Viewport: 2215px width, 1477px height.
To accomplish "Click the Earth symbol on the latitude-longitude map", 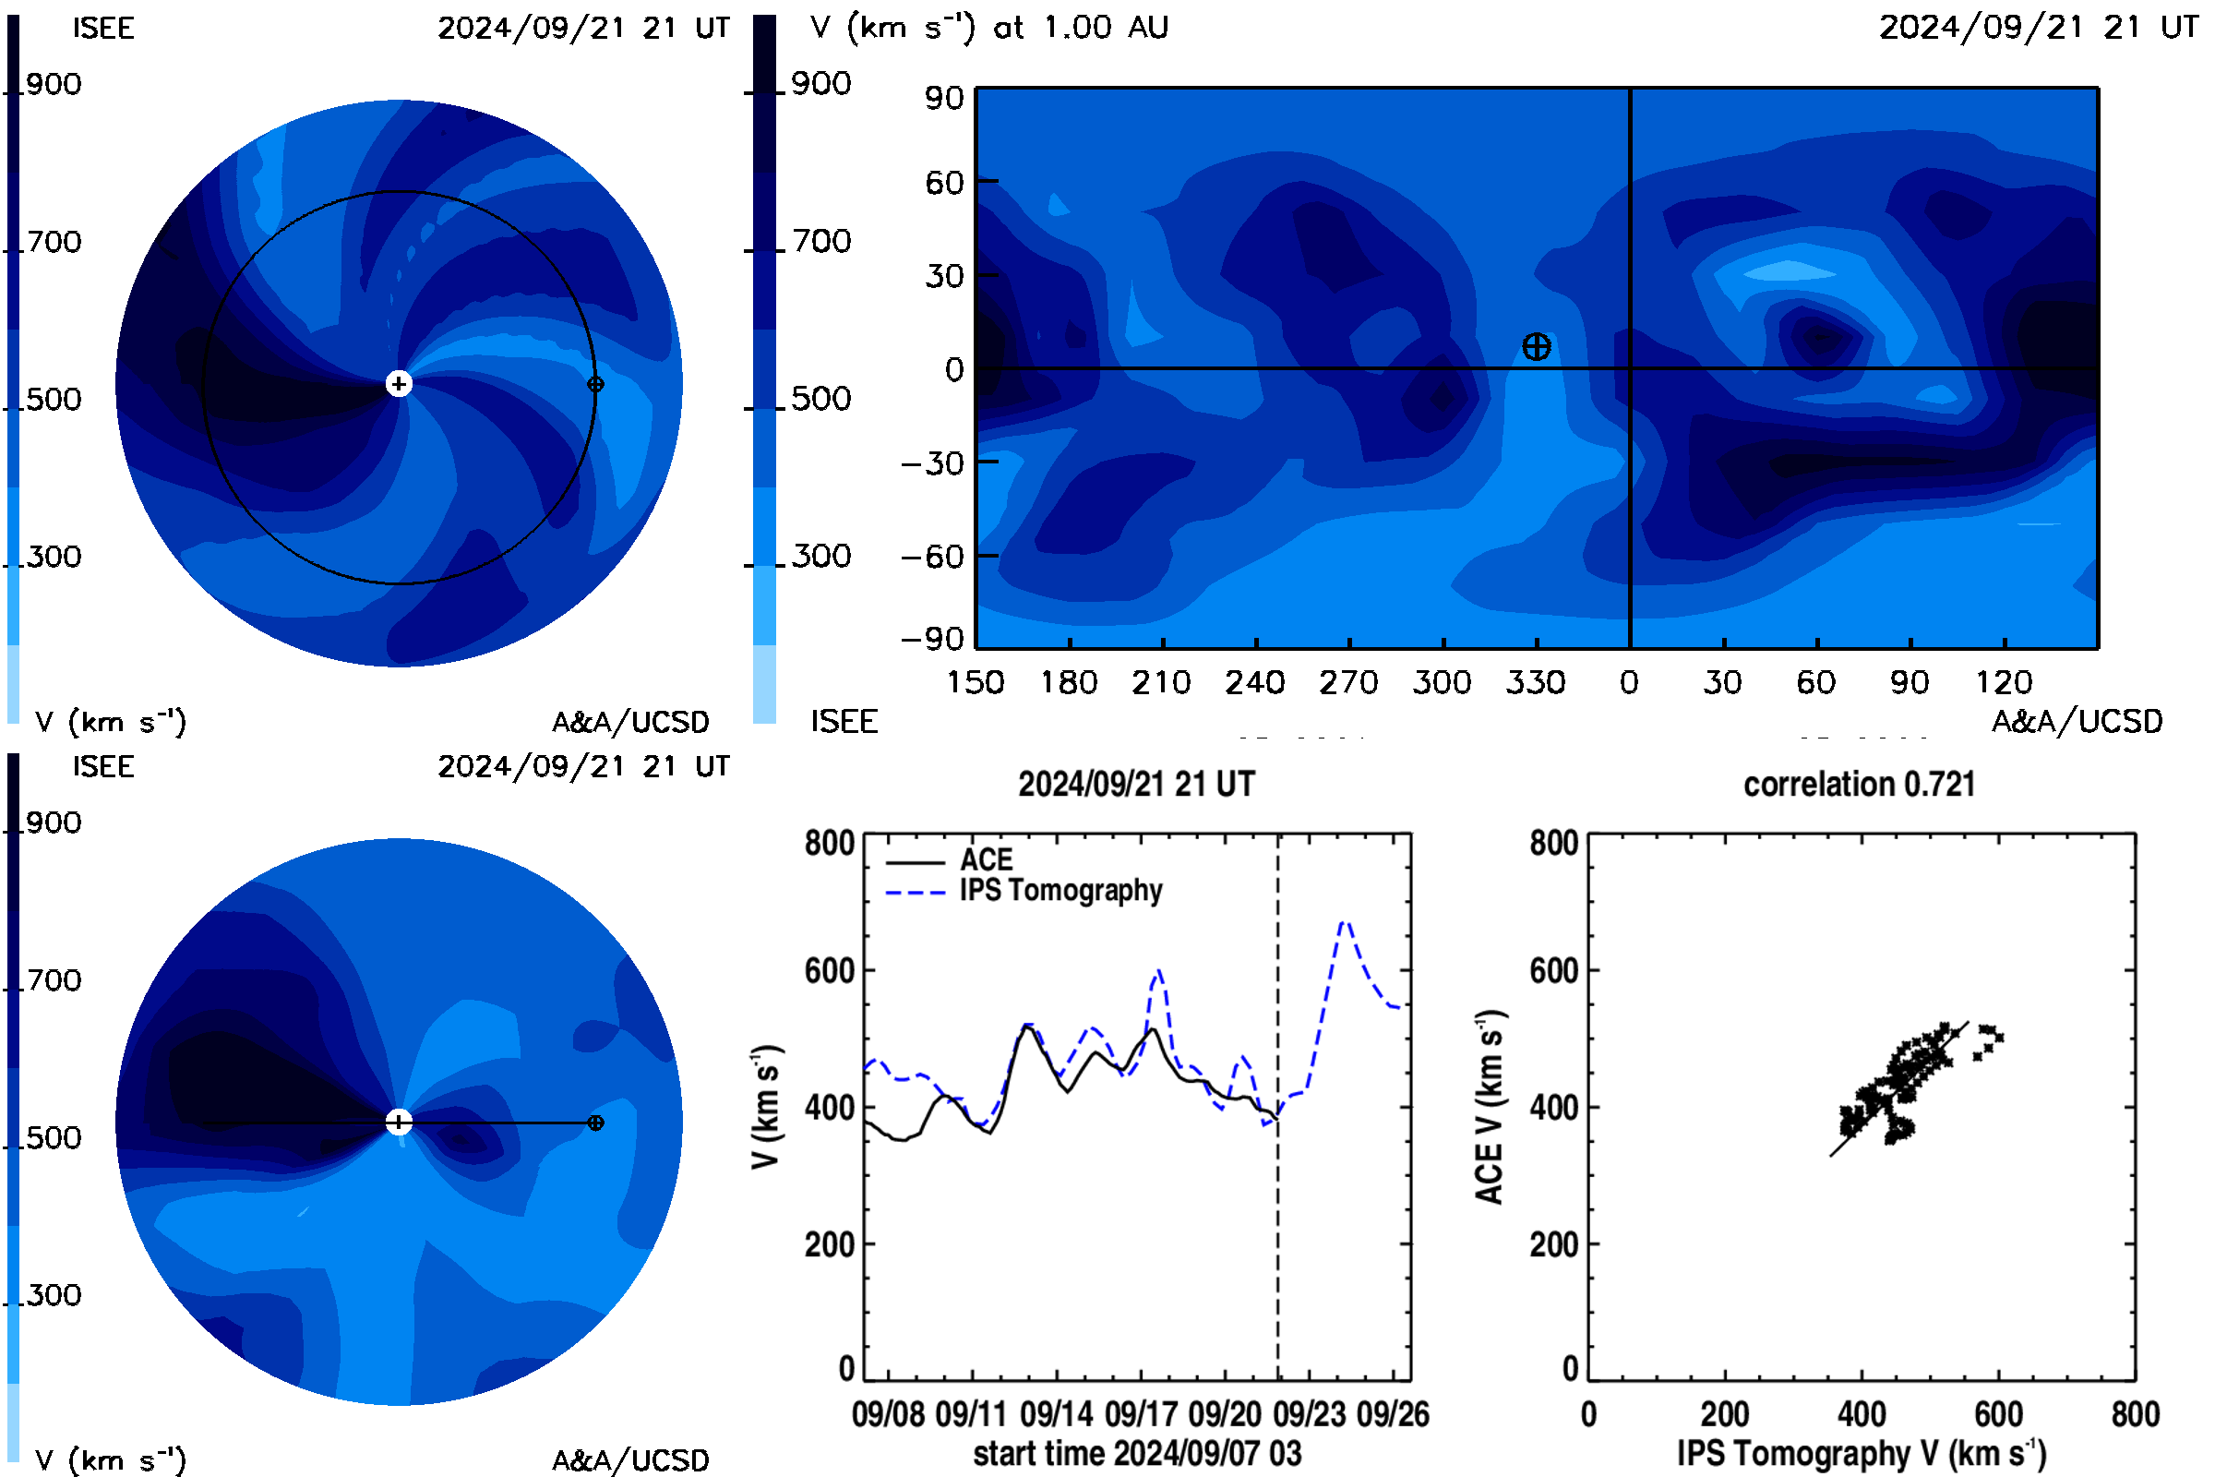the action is [1536, 347].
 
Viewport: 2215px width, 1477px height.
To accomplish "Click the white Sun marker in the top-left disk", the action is [399, 383].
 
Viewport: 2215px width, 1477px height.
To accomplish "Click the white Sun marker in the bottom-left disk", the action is [399, 1122].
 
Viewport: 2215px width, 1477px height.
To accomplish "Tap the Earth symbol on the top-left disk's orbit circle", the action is [595, 384].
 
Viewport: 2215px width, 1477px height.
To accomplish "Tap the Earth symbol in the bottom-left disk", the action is [595, 1123].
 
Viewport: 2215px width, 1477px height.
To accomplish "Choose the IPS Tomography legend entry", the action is [1024, 891].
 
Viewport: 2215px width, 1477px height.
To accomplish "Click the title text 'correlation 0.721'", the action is [1859, 784].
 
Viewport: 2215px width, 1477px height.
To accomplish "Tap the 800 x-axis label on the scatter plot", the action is [2135, 1414].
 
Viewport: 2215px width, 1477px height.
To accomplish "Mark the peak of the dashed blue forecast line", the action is [1345, 922].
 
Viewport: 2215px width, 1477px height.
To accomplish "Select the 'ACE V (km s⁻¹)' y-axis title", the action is [1490, 1107].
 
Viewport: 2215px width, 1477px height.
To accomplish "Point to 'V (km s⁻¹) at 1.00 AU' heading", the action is [988, 28].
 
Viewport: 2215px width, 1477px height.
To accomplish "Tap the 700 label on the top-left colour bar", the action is [54, 242].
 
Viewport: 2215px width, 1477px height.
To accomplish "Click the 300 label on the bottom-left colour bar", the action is [54, 1295].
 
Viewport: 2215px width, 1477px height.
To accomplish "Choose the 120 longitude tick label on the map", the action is [2003, 682].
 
